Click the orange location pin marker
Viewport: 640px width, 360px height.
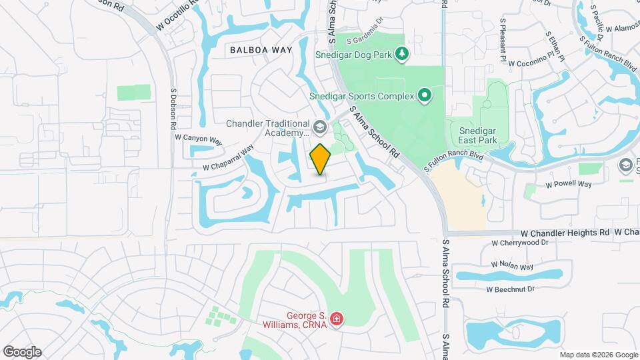[x=320, y=159]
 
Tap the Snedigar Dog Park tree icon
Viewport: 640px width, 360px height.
[x=401, y=53]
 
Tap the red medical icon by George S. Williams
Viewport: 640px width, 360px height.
[x=336, y=319]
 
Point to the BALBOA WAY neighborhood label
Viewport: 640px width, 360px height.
[x=261, y=50]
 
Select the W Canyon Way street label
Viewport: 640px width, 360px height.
[x=198, y=139]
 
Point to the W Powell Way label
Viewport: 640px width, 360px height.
[x=568, y=184]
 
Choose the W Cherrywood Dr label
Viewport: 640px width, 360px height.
[x=523, y=243]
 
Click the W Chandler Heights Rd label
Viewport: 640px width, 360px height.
[x=565, y=233]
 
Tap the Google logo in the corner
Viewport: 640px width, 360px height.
[x=22, y=351]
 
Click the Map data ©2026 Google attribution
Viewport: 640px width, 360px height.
[x=598, y=355]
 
